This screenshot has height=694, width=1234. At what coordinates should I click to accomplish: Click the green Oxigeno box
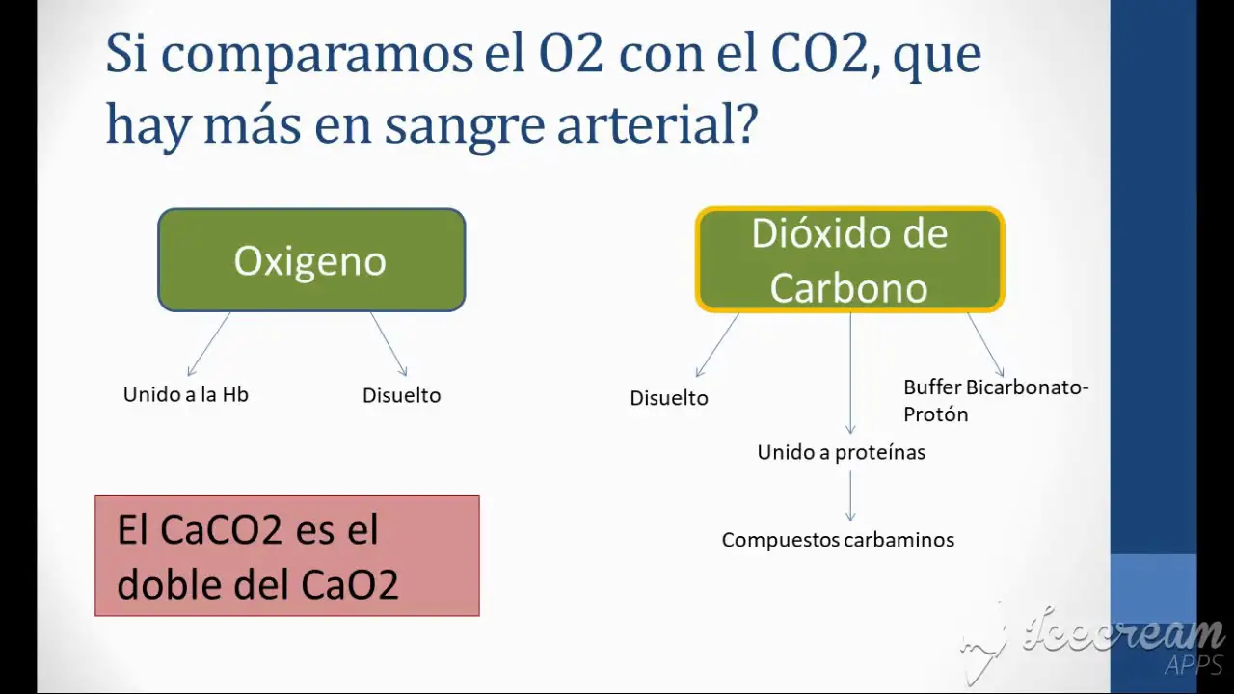[311, 260]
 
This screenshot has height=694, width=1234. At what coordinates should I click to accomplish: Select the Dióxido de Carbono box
[850, 260]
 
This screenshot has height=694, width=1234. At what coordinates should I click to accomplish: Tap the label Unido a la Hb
[186, 394]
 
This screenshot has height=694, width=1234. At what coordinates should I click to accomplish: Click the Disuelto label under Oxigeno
[402, 395]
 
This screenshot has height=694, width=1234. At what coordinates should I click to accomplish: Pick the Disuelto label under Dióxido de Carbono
[669, 398]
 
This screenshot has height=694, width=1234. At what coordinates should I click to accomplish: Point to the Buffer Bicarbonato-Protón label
[996, 400]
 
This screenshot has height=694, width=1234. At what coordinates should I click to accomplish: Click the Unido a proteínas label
[842, 452]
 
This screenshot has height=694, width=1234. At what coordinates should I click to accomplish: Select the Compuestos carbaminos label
[838, 540]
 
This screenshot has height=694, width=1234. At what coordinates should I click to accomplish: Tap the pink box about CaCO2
[287, 556]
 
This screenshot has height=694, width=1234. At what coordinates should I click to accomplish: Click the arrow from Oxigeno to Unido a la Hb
[209, 344]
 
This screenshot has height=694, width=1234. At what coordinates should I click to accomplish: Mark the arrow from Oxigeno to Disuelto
[389, 344]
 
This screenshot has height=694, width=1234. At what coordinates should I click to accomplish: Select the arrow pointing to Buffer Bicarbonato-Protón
[985, 345]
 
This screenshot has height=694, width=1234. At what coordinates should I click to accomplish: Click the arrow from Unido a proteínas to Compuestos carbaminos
[850, 496]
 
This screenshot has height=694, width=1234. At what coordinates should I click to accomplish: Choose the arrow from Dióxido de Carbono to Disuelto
[716, 345]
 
